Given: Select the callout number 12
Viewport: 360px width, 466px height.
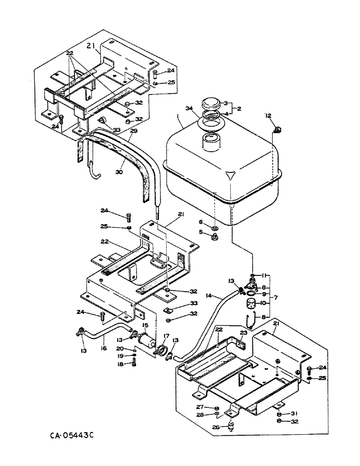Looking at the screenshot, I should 268,115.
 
